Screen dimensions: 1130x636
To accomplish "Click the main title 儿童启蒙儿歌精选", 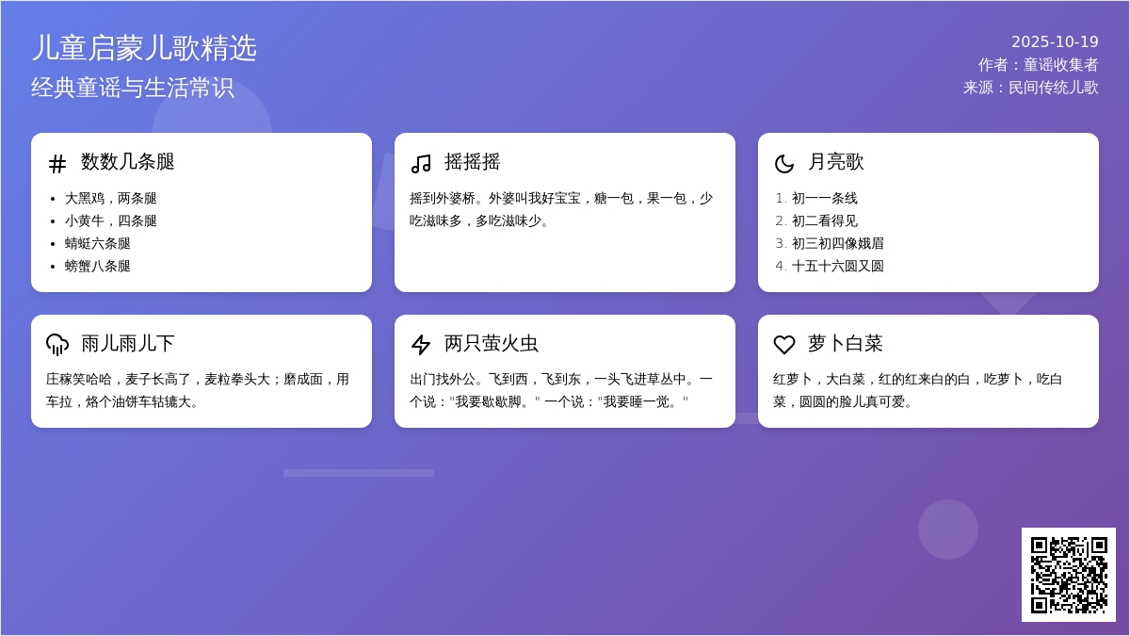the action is pos(144,48).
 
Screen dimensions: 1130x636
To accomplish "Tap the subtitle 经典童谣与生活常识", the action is pos(133,88).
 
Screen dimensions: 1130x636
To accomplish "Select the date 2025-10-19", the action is pos(1055,41).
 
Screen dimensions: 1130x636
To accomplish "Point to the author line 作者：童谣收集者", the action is pos(1038,65).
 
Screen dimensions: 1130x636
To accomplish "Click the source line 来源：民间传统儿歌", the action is pos(1030,88).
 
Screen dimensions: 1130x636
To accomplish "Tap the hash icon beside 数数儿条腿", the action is pos(57,164).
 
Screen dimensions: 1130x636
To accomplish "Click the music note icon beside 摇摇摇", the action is pos(421,164).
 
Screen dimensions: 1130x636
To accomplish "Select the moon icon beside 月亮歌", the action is pos(783,164).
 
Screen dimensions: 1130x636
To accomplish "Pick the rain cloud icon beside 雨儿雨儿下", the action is pos(57,345).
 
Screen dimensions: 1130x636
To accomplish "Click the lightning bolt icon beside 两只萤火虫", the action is pos(421,345).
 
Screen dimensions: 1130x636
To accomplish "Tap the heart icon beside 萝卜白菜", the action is pos(783,345).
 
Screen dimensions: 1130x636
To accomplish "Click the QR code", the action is pos(1069,575).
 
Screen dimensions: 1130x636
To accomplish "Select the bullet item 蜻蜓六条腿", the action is pos(97,243).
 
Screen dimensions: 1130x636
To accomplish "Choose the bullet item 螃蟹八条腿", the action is pos(97,266).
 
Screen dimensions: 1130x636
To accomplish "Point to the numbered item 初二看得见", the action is pos(824,220).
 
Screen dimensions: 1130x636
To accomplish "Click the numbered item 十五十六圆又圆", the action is pos(837,266).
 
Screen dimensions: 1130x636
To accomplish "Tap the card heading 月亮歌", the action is pos(835,161).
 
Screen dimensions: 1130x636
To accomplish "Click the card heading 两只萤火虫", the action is pos(491,343).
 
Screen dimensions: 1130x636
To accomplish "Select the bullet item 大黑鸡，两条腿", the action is pos(110,198).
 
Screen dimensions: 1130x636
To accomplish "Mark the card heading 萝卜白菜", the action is pos(845,343).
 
